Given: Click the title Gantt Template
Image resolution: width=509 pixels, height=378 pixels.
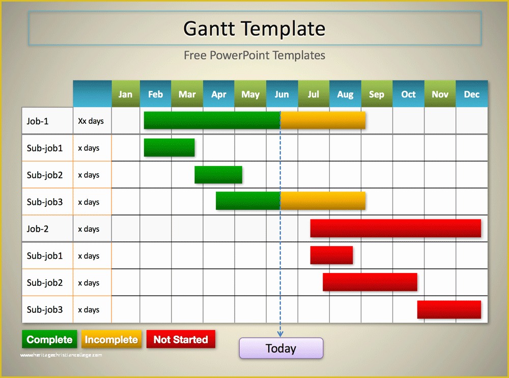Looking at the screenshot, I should tap(254, 29).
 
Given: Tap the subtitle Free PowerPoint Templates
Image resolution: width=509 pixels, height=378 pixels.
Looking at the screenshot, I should tap(254, 55).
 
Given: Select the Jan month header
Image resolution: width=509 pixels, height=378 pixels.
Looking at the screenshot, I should tap(125, 94).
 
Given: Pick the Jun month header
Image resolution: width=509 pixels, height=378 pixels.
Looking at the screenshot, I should tap(281, 94).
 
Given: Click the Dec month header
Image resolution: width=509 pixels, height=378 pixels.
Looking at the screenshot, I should tap(471, 94).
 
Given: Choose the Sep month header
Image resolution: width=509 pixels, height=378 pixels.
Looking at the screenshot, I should tap(377, 94).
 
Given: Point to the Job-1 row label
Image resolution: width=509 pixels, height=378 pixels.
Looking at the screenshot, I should tap(38, 121).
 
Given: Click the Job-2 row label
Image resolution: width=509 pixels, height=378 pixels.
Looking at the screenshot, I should tap(38, 229).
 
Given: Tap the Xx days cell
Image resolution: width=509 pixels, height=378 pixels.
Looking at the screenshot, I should tap(91, 121).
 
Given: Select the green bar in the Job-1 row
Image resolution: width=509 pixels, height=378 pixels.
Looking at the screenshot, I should tap(212, 120).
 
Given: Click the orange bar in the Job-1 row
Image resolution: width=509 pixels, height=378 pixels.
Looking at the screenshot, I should tap(323, 120).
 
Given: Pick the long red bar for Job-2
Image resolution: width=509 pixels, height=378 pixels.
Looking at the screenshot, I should tap(395, 228).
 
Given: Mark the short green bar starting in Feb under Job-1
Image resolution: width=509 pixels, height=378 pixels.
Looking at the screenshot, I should tap(169, 147).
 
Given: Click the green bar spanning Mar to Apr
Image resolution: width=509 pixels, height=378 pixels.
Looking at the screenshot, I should tap(218, 175).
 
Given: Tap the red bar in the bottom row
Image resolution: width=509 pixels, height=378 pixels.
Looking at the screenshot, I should tap(449, 309).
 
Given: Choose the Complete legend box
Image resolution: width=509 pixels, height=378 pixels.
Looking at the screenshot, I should tap(49, 339).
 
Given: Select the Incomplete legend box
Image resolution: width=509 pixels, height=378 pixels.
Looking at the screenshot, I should tap(111, 339).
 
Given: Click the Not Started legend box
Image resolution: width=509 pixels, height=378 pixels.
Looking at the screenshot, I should tap(181, 339).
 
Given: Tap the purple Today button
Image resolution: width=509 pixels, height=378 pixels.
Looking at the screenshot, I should tap(281, 348).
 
